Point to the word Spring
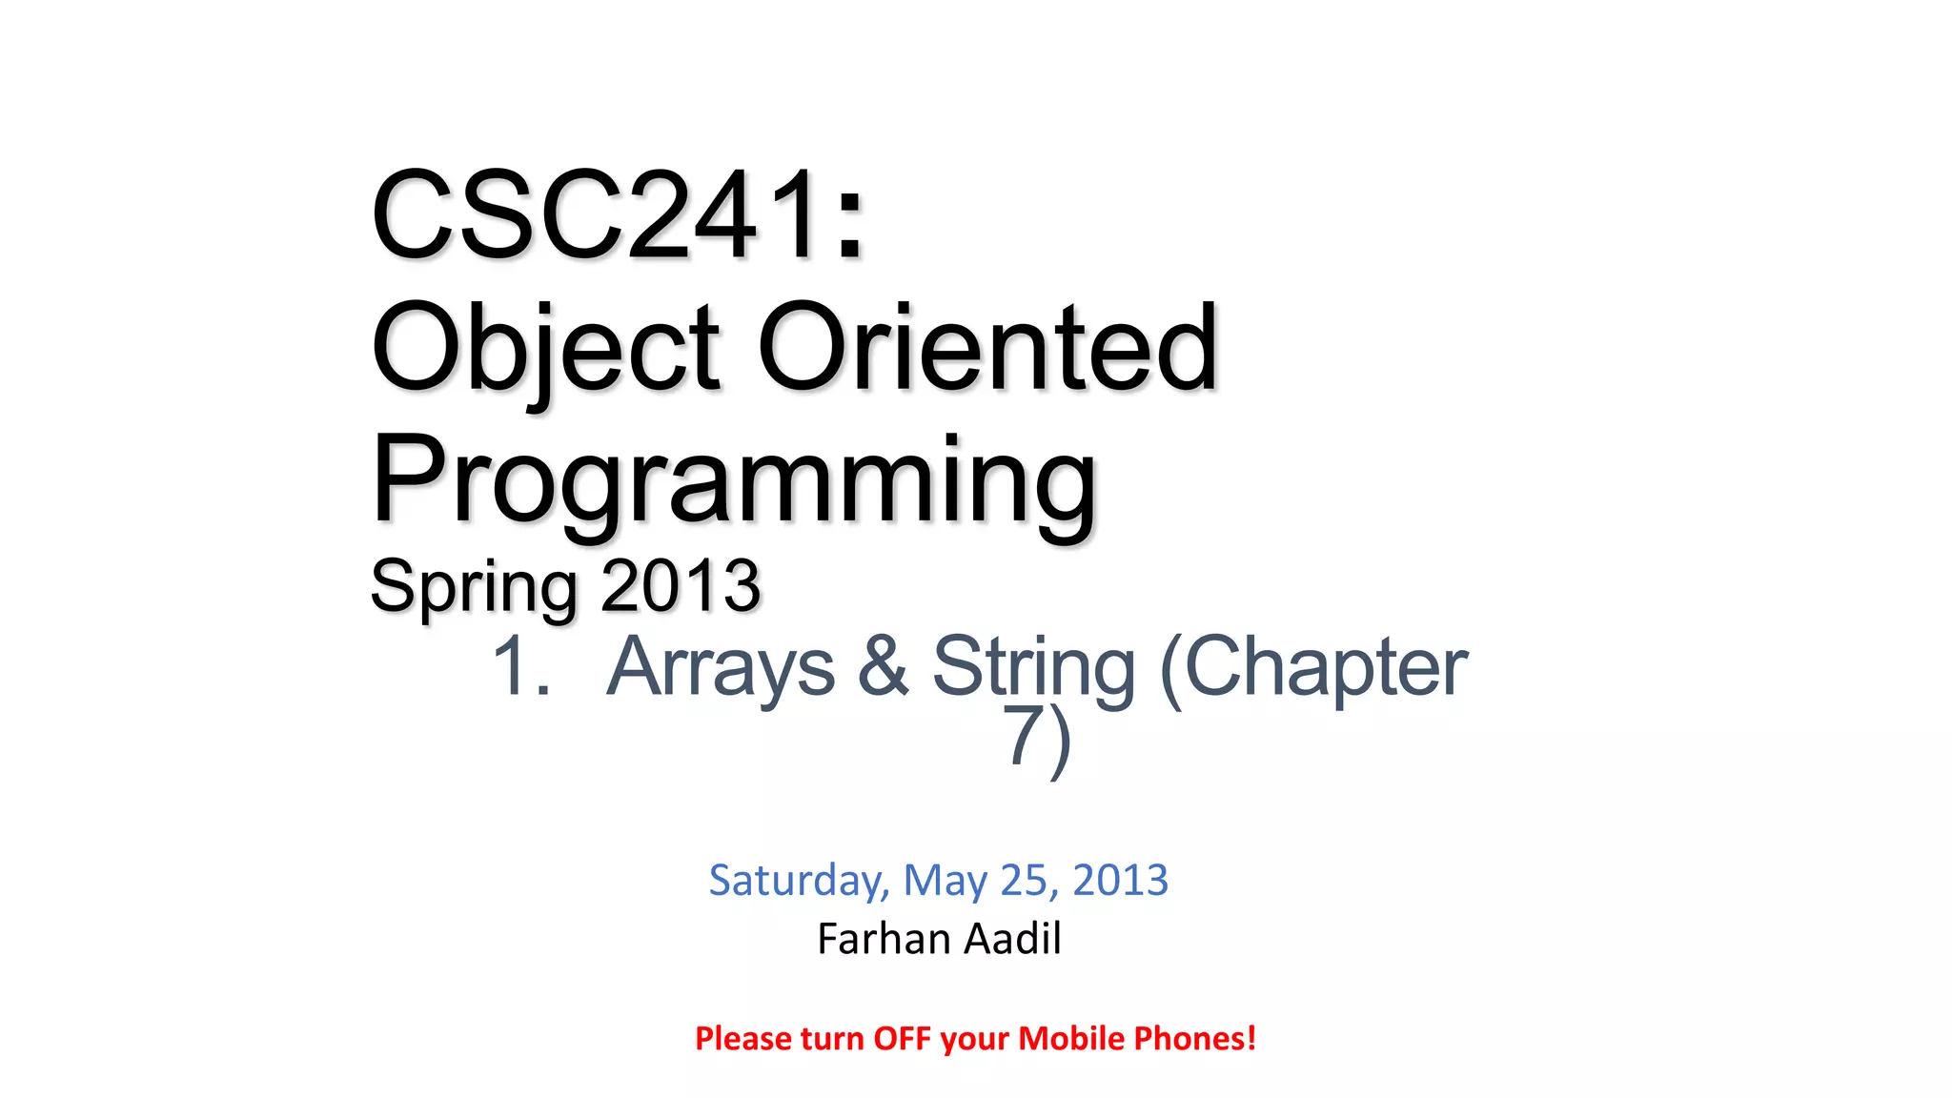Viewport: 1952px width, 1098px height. click(473, 585)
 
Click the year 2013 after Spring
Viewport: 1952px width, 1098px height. click(681, 585)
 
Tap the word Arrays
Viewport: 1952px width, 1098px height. click(721, 666)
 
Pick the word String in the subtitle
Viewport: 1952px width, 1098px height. click(1033, 666)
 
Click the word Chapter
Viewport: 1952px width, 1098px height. click(1315, 666)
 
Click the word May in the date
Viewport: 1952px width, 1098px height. click(945, 880)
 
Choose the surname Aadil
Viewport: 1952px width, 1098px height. click(1012, 939)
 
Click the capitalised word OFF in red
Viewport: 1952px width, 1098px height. click(902, 1038)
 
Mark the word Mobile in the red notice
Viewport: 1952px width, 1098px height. click(1071, 1038)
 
